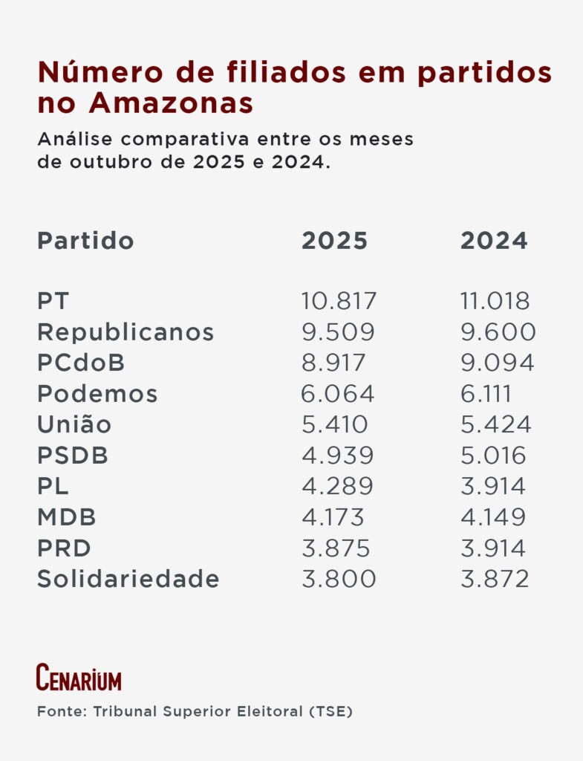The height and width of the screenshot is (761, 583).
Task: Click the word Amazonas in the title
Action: (x=171, y=104)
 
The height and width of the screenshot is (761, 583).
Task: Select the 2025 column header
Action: (x=334, y=241)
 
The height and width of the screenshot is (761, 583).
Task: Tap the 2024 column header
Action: (x=494, y=241)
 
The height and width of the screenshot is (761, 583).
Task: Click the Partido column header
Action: (x=85, y=241)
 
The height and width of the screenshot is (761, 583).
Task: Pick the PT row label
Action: (x=53, y=301)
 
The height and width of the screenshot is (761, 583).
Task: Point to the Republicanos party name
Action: (x=126, y=332)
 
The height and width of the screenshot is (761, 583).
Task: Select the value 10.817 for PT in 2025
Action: (x=339, y=301)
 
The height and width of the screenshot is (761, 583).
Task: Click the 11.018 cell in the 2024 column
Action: (x=495, y=301)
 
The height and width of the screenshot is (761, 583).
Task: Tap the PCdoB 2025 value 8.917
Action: (x=333, y=363)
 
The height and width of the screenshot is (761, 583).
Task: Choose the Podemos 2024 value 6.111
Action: (x=486, y=394)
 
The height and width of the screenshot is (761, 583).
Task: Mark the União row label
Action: (x=74, y=424)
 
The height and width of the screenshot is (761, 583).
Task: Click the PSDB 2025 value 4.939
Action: (x=337, y=456)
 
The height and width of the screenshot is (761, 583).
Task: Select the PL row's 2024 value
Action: (x=492, y=486)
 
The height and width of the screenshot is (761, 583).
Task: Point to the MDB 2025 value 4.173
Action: (x=333, y=517)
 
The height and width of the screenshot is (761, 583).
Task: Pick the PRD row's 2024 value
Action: (x=492, y=548)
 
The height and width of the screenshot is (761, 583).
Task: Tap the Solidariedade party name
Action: (x=128, y=579)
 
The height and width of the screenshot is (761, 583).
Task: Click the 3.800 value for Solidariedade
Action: (x=339, y=579)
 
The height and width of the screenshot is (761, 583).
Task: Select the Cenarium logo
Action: (x=79, y=677)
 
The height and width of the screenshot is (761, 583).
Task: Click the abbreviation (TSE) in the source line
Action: (x=332, y=712)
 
